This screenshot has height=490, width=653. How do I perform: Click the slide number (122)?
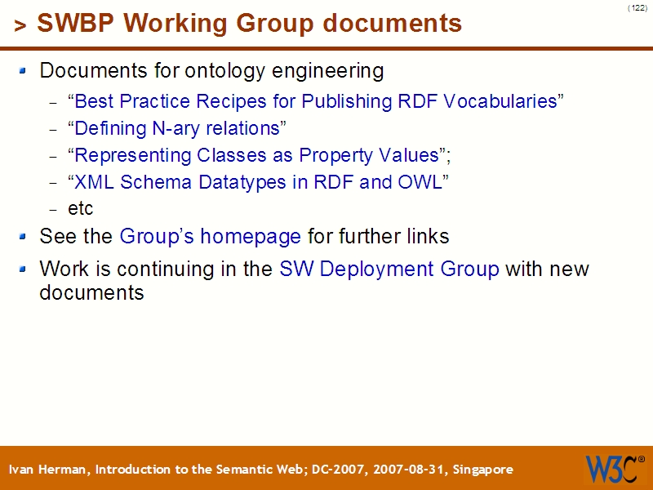point(637,8)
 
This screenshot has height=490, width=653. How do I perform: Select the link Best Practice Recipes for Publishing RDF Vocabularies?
point(316,101)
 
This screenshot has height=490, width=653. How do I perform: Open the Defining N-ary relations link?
point(177,128)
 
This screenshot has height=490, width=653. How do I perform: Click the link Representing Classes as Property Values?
point(255,155)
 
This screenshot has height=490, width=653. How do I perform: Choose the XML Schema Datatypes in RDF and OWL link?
point(258,182)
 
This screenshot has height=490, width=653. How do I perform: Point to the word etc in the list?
point(80,209)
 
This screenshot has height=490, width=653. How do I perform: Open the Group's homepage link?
point(211,237)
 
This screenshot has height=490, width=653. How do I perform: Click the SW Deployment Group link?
point(389,269)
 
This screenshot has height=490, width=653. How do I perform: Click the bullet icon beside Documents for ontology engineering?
point(24,71)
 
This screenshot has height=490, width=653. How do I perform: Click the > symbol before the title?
point(20,26)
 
